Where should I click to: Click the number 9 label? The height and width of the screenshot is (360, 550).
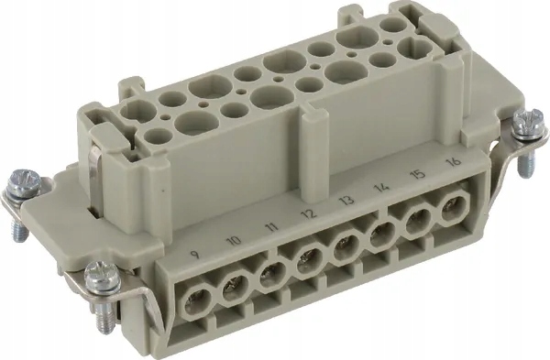point(196,254)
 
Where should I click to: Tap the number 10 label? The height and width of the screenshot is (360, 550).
point(234,240)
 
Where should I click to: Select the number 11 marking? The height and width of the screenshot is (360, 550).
point(271,226)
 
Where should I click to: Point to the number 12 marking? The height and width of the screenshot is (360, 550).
point(310,213)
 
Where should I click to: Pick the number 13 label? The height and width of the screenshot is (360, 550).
point(346,201)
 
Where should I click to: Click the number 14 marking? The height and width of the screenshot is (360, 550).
point(382,187)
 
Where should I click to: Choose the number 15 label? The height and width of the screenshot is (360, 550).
point(419,174)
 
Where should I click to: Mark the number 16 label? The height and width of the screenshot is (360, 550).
point(453,162)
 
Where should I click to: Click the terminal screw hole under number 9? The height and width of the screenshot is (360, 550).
point(196,298)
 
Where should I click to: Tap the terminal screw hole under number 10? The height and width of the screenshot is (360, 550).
point(234,285)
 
